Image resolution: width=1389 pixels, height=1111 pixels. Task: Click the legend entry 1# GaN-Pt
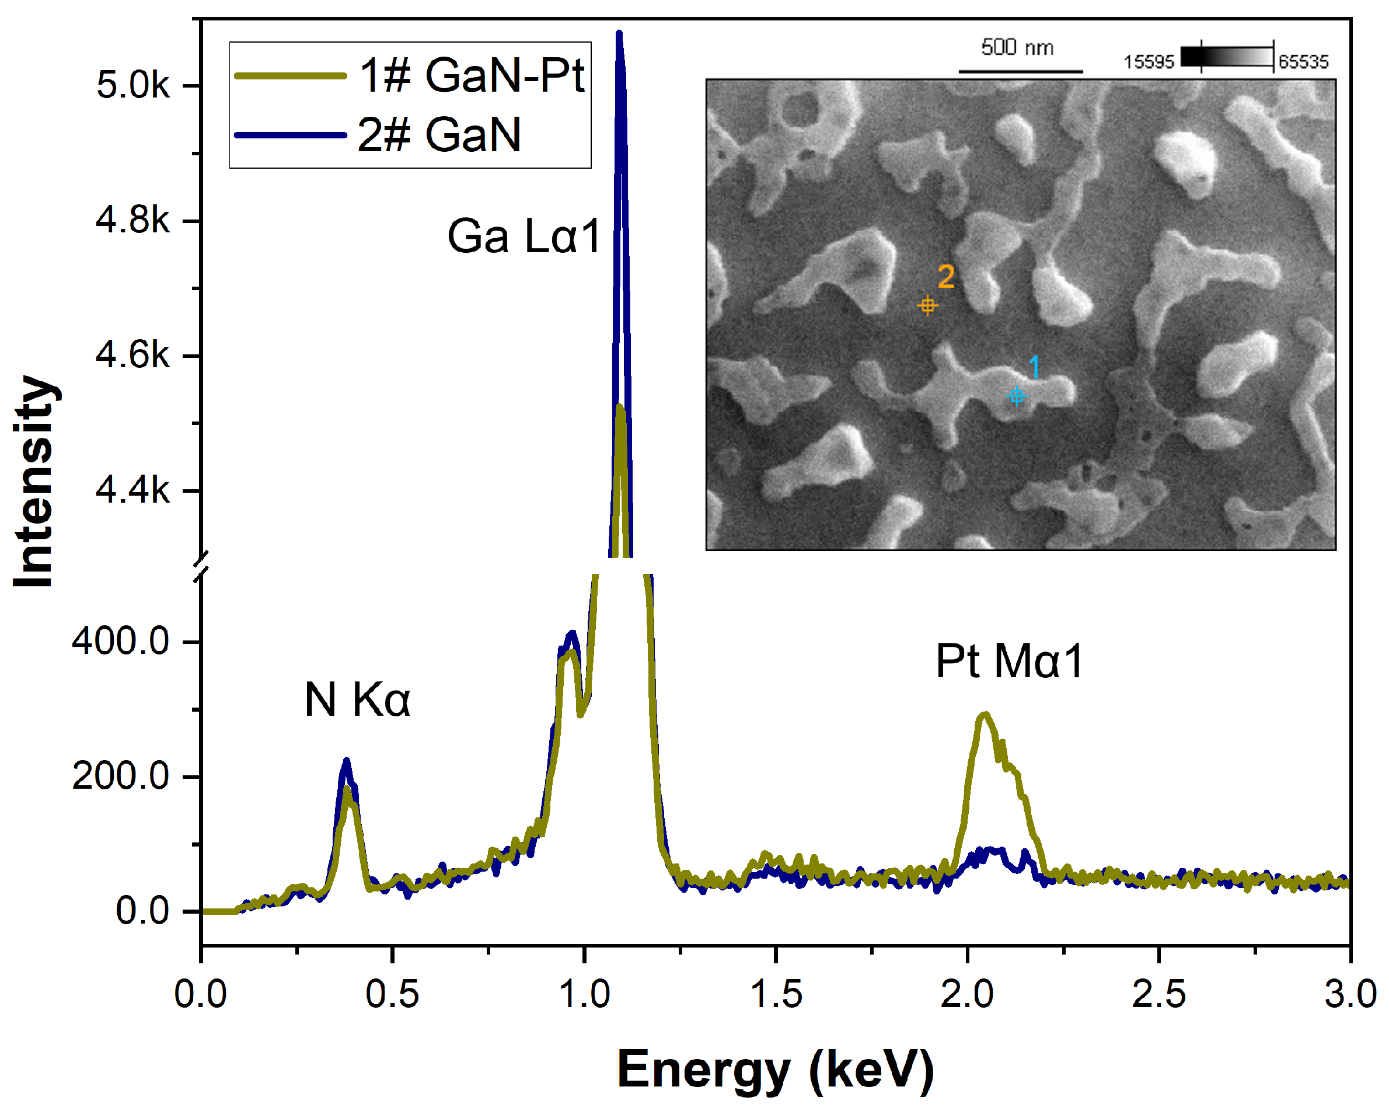coord(472,75)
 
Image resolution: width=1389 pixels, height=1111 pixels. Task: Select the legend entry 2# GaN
coord(439,135)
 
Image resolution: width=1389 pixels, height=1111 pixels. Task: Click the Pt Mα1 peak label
coord(1009,661)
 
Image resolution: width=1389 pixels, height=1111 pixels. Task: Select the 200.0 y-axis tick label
coord(120,776)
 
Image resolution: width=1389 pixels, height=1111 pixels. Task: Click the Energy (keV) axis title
coord(776,1069)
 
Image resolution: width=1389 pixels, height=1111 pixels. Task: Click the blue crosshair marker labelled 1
coord(1016,395)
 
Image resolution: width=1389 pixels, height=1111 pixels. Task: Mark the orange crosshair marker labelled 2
coord(927,305)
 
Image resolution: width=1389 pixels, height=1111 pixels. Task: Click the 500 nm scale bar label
coord(1017,47)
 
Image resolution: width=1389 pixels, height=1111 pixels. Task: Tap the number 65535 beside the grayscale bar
coord(1303,62)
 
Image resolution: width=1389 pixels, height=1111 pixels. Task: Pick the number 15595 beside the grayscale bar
coord(1149,62)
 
